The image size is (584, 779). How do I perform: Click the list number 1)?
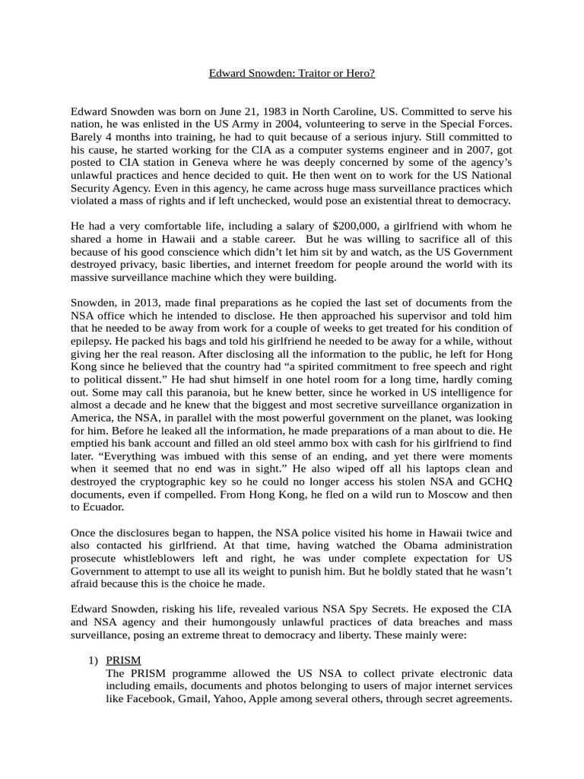click(91, 660)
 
